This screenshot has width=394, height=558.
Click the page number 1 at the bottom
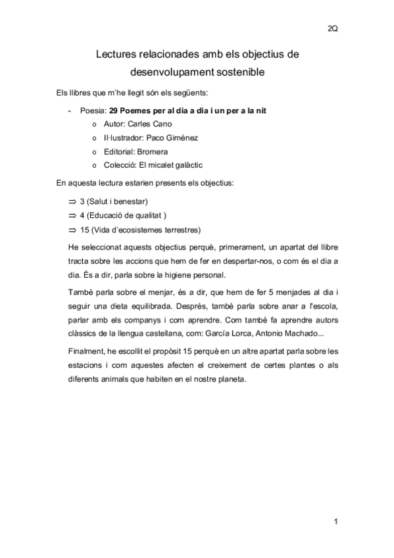(x=335, y=522)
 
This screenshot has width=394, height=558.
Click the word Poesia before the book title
(x=92, y=110)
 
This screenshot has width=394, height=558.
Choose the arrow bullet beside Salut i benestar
(x=72, y=201)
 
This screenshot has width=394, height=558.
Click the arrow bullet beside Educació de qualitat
(x=72, y=215)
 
